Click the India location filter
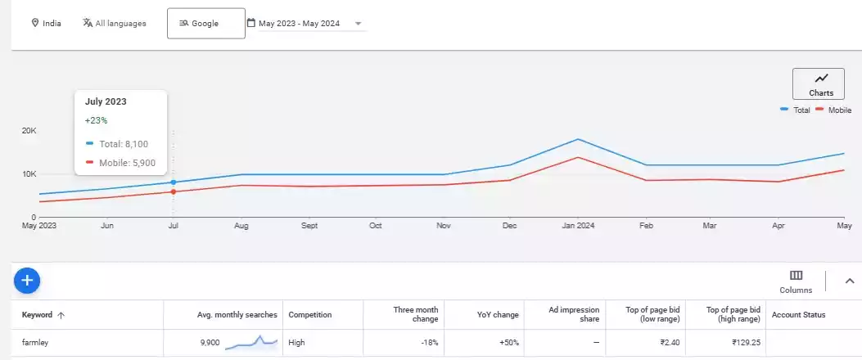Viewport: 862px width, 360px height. pyautogui.click(x=46, y=24)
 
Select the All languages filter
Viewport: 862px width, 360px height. pyautogui.click(x=114, y=24)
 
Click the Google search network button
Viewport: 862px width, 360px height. pyautogui.click(x=205, y=24)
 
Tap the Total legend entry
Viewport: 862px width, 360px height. pyautogui.click(x=796, y=110)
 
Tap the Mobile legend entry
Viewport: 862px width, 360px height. pyautogui.click(x=834, y=110)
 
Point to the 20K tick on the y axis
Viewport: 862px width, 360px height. pyautogui.click(x=29, y=131)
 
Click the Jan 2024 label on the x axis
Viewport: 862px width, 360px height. pyautogui.click(x=579, y=225)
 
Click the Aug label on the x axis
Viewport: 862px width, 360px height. pyautogui.click(x=241, y=225)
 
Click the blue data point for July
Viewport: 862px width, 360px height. pyautogui.click(x=174, y=182)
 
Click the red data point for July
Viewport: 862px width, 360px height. pyautogui.click(x=174, y=191)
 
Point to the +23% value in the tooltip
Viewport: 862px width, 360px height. pyautogui.click(x=97, y=120)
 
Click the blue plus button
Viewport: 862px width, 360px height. pyautogui.click(x=27, y=281)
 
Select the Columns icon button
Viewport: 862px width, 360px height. pyautogui.click(x=796, y=276)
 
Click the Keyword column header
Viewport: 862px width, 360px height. pyautogui.click(x=38, y=315)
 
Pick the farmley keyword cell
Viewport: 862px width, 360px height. pyautogui.click(x=35, y=343)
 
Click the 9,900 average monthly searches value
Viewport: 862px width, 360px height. pyautogui.click(x=210, y=343)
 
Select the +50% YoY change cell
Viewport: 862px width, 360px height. pyautogui.click(x=509, y=343)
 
